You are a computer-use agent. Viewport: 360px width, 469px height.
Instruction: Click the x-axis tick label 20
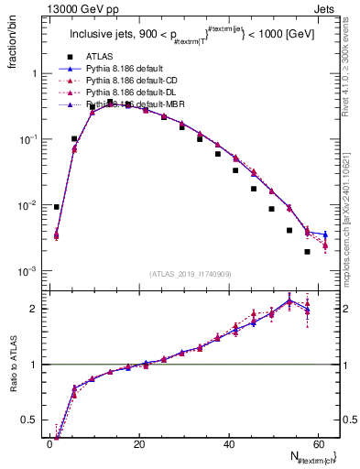click(x=138, y=444)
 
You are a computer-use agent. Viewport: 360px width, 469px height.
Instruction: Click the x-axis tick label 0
click(x=50, y=444)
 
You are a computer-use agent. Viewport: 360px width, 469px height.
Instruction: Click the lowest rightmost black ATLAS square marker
click(x=307, y=252)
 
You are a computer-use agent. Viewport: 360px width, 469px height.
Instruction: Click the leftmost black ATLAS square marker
click(x=57, y=207)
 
